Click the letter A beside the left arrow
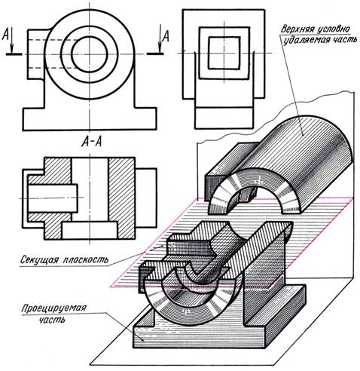5,34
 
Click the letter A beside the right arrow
166,35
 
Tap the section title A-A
91,142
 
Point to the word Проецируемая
53,308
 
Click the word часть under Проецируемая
52,320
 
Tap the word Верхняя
297,29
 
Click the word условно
333,29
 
